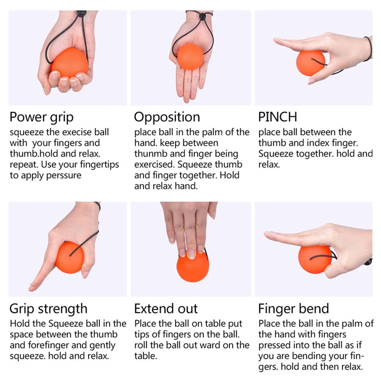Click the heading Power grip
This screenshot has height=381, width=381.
(x=41, y=117)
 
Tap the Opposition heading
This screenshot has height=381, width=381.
(x=167, y=117)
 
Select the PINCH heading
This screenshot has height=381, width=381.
(x=278, y=117)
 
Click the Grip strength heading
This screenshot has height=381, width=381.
(x=48, y=309)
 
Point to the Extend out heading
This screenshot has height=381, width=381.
(x=166, y=309)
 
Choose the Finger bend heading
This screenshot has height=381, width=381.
(x=294, y=309)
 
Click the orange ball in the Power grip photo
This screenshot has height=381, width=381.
(x=70, y=63)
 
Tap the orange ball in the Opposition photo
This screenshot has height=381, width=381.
(x=190, y=57)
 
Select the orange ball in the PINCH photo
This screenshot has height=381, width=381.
(x=311, y=63)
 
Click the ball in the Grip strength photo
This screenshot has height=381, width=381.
(x=70, y=257)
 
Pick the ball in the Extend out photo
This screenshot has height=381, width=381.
(x=193, y=266)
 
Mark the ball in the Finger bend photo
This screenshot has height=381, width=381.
(x=315, y=259)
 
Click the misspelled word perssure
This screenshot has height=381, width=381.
(x=63, y=176)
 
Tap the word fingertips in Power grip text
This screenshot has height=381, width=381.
(x=99, y=165)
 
